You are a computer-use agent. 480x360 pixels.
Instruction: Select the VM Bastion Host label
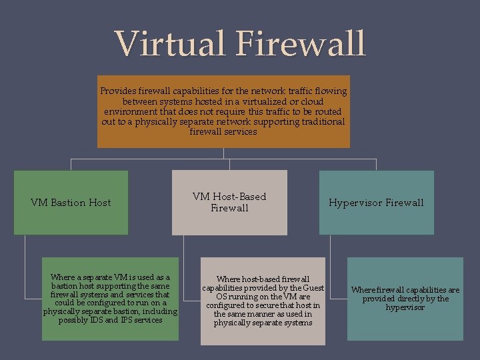tap(71, 203)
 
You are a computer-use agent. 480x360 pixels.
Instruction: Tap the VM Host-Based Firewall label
tap(229, 202)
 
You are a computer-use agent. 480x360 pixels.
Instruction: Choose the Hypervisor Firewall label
tap(376, 203)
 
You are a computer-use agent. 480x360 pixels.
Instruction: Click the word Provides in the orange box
tap(117, 91)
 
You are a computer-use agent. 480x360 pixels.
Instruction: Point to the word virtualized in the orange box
tap(249, 101)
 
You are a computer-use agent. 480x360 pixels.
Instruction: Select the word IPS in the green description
tap(131, 320)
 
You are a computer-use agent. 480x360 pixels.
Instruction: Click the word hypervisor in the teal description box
tap(405, 307)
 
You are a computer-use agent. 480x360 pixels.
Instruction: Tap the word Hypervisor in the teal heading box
tap(353, 203)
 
